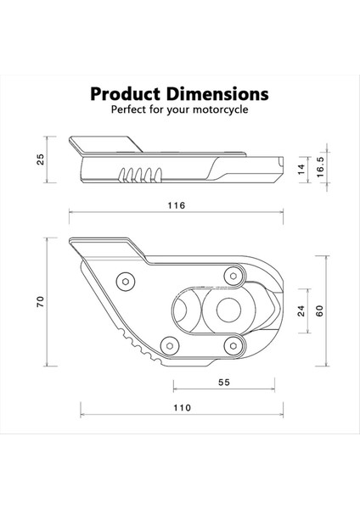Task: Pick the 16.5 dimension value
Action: (x=319, y=166)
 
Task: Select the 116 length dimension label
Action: (x=177, y=206)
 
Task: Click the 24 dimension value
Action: (x=300, y=311)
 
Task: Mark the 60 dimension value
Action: (x=319, y=310)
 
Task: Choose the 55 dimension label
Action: (x=223, y=383)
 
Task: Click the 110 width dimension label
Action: (x=181, y=407)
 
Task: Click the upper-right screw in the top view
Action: (x=231, y=274)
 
